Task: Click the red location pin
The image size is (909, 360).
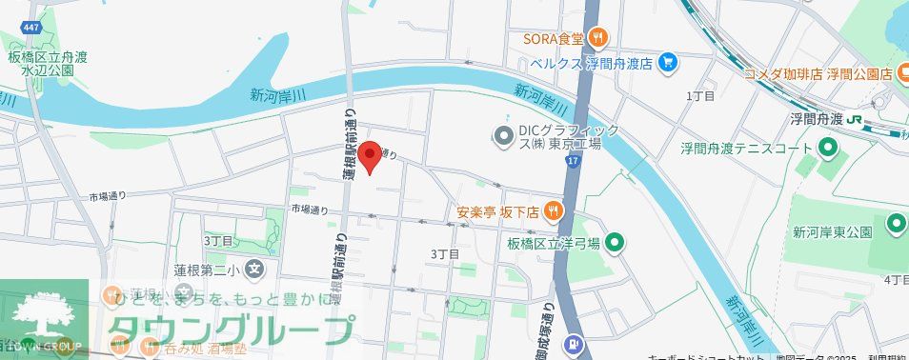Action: point(372,156)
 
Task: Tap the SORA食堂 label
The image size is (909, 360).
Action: point(553,39)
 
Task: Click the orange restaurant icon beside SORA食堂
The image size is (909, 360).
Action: point(597,39)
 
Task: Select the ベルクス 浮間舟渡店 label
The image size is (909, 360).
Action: point(592,63)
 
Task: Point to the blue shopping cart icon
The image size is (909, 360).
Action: point(667,63)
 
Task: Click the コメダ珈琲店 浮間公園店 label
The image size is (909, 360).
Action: point(818,73)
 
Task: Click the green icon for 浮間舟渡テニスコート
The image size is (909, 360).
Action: point(828,149)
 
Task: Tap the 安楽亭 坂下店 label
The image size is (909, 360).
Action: point(497,211)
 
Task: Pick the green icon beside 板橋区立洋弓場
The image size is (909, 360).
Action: point(615,243)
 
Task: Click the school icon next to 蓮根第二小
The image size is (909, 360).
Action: point(252,270)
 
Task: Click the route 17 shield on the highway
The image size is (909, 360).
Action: point(572,163)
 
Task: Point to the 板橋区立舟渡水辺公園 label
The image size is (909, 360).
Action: point(48,63)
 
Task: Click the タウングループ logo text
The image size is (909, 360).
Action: point(229,329)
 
